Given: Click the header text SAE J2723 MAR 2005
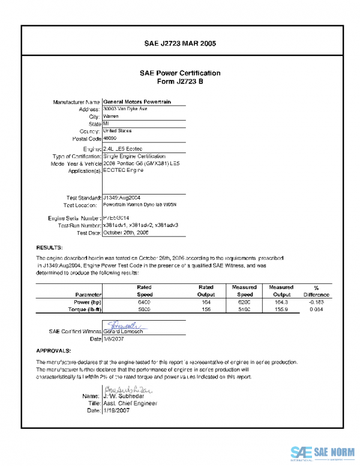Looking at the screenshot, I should click(x=180, y=44).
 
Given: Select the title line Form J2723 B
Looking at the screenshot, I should click(x=180, y=82).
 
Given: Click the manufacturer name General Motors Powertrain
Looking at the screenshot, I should click(x=137, y=102).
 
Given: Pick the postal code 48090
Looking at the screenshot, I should click(x=111, y=138).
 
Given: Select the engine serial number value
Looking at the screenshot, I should click(x=118, y=218).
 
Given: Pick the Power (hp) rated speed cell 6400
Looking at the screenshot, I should click(x=145, y=303).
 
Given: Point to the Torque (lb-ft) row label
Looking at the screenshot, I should click(x=85, y=310).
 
